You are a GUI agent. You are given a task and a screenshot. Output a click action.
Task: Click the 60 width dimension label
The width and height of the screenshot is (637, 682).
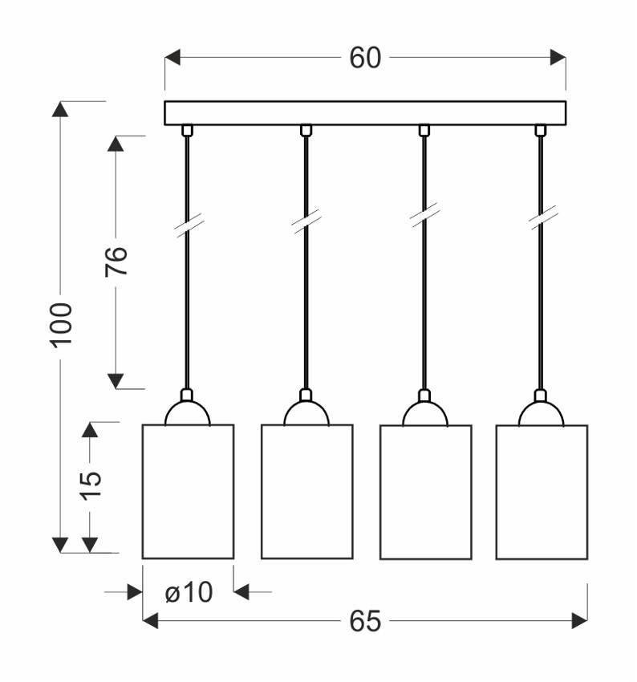pos(365,58)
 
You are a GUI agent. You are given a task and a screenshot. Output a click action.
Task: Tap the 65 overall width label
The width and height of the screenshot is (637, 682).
pos(365,621)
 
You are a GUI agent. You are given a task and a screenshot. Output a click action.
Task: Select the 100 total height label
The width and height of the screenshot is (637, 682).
pos(61,325)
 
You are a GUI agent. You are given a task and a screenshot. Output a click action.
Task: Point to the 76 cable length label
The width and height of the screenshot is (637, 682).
pos(116,262)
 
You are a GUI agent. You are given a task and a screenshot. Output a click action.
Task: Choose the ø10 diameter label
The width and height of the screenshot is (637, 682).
pos(189,592)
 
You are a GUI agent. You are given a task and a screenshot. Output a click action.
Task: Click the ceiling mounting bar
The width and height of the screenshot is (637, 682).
pos(365,113)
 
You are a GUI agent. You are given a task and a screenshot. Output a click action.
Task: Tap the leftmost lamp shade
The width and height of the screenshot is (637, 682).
pos(189,492)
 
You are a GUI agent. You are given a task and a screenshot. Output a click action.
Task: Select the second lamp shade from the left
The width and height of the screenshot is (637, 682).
pos(307,492)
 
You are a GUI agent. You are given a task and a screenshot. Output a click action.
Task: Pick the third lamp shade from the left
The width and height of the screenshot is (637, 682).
pos(426,492)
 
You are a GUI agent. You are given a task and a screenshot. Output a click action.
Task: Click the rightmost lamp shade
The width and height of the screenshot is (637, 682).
pos(542,492)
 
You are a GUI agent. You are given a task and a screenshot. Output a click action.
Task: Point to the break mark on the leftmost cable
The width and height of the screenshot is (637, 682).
pos(189,225)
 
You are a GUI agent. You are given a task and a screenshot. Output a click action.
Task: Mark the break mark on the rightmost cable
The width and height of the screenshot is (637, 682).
pos(542,217)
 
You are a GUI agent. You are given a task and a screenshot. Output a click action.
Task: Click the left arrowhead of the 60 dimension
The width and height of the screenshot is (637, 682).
pos(172,58)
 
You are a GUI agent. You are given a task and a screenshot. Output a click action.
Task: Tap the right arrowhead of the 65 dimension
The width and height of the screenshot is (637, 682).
pos(580,621)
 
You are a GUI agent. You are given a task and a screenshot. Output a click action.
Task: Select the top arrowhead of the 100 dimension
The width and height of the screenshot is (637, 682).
pos(60,109)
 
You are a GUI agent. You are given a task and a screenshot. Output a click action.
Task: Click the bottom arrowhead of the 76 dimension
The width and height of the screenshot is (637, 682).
pos(116,380)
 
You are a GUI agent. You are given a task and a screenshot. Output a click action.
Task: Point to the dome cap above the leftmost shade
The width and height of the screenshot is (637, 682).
pos(188,413)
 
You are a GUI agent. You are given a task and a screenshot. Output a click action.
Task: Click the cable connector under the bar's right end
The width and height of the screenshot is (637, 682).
pos(541,131)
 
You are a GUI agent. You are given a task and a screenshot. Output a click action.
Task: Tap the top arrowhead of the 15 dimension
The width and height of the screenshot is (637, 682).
pos(90,430)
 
